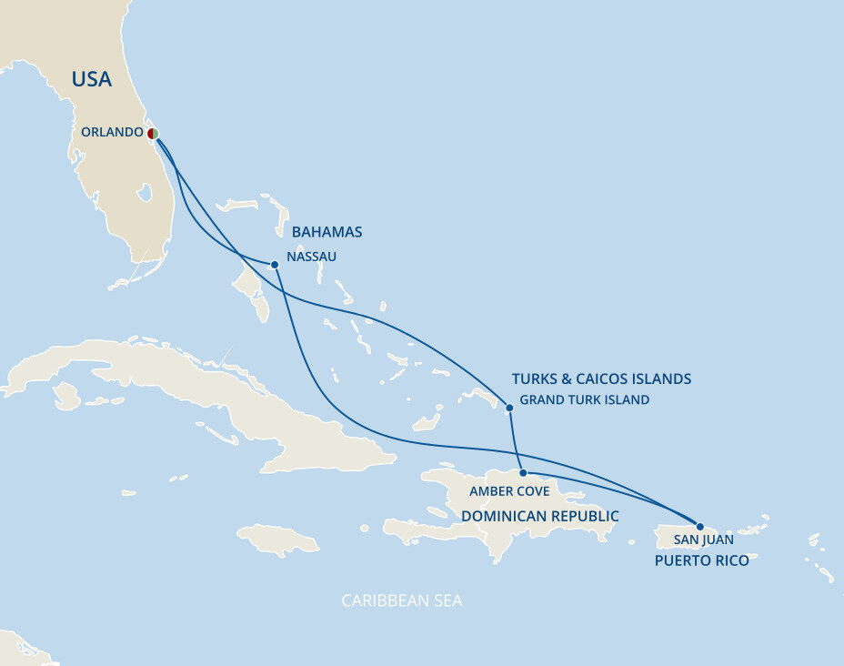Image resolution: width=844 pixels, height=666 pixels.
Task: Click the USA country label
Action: [92, 79]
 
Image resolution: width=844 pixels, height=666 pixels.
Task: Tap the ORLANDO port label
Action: [112, 132]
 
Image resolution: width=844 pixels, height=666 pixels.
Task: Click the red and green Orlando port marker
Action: [153, 134]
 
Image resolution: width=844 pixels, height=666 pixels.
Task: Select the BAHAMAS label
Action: [327, 232]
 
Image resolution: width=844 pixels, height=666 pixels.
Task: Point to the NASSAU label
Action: [311, 257]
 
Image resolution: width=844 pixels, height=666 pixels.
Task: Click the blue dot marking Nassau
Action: [275, 265]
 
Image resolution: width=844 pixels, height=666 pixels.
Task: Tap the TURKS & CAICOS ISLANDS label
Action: [601, 378]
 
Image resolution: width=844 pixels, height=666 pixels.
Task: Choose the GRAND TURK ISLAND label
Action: [584, 399]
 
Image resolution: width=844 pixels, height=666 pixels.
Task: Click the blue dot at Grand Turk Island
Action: [509, 408]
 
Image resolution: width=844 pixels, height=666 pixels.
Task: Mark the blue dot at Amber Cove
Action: [523, 473]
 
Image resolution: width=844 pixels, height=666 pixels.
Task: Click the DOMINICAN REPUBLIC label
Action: [539, 516]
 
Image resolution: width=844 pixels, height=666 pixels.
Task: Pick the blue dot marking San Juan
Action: [699, 526]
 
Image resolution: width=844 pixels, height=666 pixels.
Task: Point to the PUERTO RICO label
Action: [701, 560]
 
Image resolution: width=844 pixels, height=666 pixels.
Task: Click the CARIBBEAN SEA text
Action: [401, 600]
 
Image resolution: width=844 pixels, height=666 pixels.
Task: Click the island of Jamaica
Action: [277, 540]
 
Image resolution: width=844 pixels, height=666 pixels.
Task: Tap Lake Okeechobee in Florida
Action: [144, 193]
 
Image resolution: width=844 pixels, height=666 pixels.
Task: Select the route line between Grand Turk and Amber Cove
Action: [515, 440]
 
